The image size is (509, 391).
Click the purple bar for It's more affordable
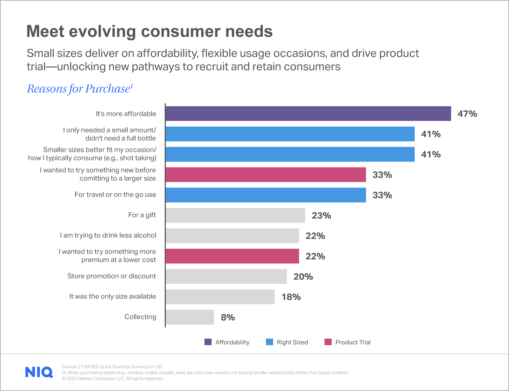(x=308, y=113)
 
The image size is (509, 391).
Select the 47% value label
(x=467, y=114)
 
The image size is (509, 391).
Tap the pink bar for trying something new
(x=266, y=174)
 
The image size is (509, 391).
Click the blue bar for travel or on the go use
(x=266, y=195)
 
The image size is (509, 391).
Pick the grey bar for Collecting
(x=190, y=317)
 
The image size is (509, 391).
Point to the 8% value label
(x=228, y=317)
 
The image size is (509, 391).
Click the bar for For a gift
(x=235, y=215)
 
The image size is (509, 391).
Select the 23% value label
(x=321, y=215)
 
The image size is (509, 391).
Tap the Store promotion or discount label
(x=111, y=276)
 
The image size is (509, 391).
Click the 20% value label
(x=303, y=276)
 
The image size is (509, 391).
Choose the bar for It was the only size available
(x=220, y=297)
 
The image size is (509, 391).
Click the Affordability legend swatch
(x=208, y=342)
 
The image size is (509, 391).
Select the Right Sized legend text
(x=292, y=342)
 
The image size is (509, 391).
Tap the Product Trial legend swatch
(x=328, y=342)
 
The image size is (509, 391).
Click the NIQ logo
(x=39, y=372)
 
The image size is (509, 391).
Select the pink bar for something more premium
(x=232, y=256)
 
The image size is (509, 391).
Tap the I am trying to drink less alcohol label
(x=108, y=235)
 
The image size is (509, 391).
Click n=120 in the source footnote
(x=155, y=367)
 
